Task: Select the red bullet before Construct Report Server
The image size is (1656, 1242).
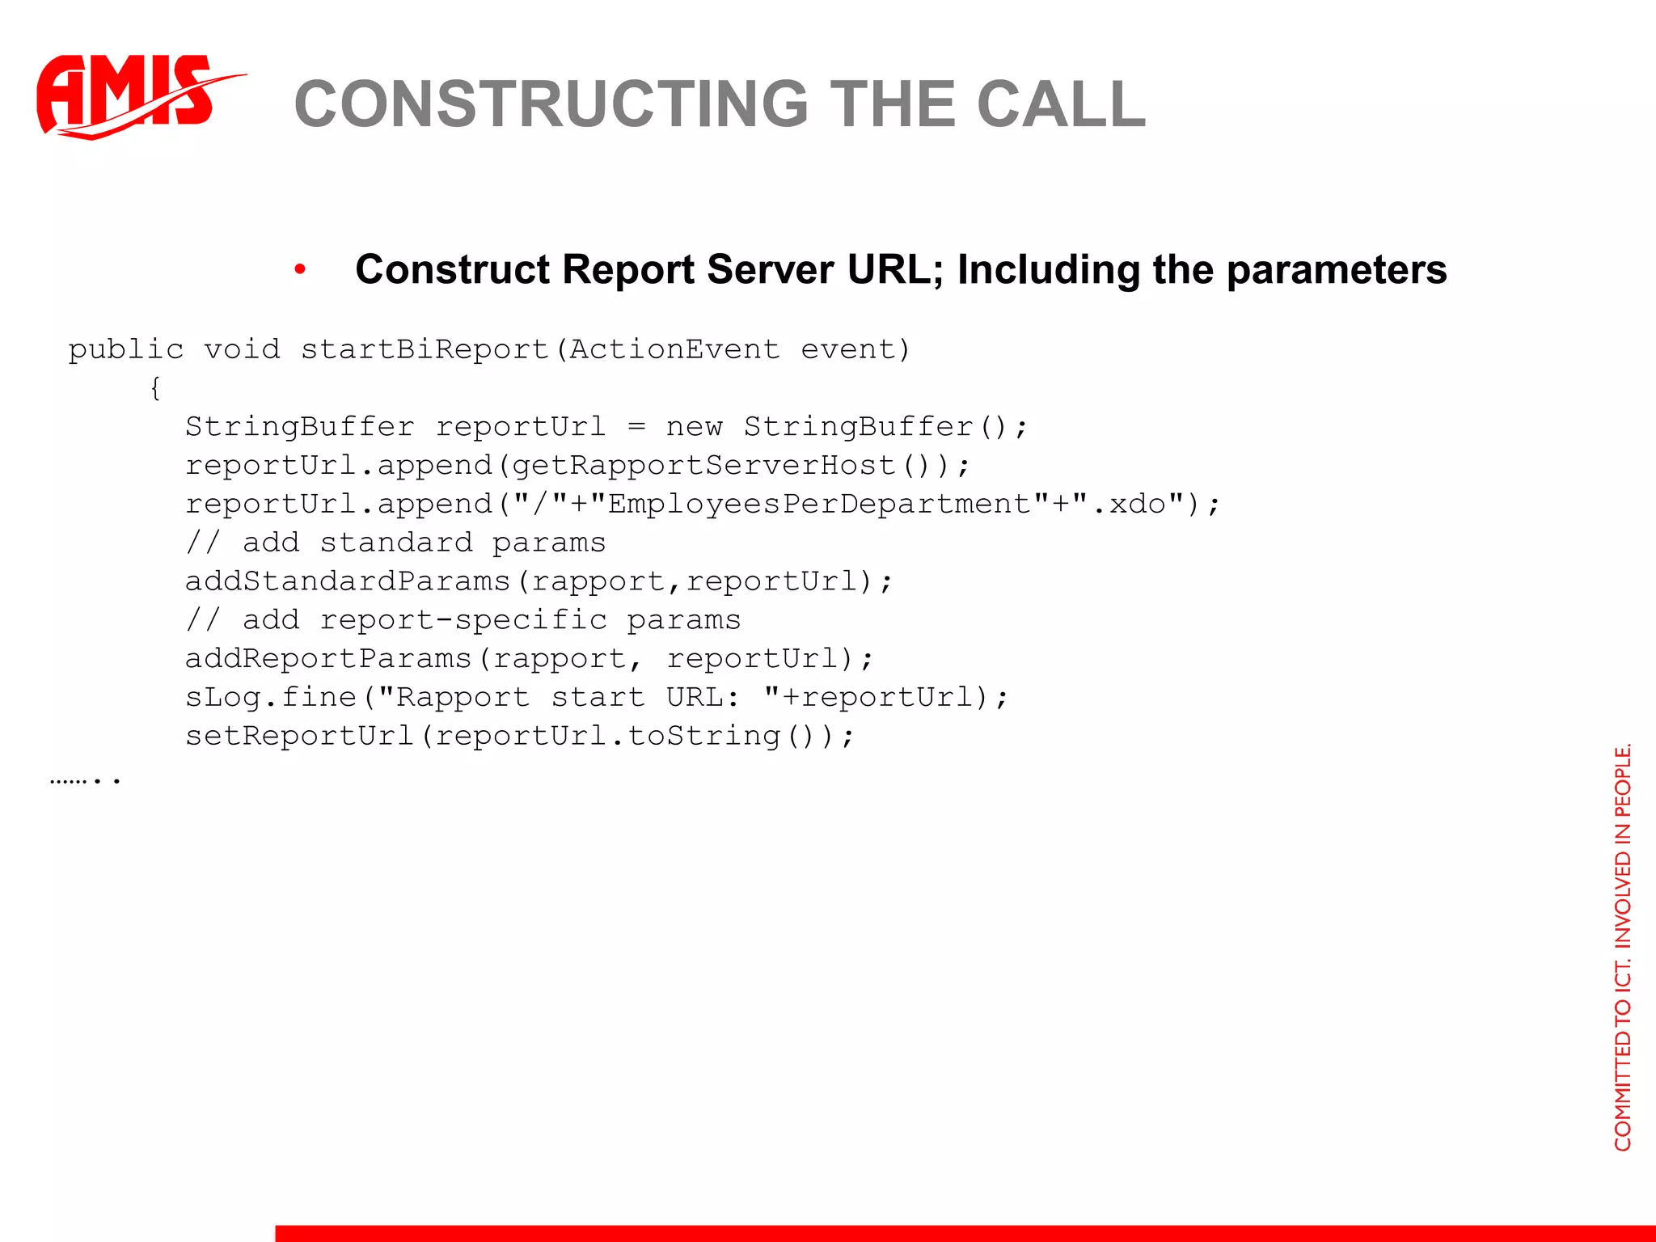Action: pyautogui.click(x=300, y=270)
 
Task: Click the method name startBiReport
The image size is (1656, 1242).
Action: pyautogui.click(x=425, y=349)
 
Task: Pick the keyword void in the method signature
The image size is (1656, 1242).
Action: pyautogui.click(x=242, y=349)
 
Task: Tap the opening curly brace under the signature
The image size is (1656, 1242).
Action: pyautogui.click(x=155, y=388)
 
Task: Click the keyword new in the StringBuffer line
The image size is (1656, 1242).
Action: pyautogui.click(x=694, y=427)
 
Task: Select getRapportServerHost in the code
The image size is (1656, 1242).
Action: pyautogui.click(x=703, y=466)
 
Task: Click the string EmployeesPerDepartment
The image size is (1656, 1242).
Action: pyautogui.click(x=820, y=505)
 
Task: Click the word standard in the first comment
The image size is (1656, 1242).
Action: pyautogui.click(x=396, y=543)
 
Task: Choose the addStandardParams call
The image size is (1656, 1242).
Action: pyautogui.click(x=348, y=581)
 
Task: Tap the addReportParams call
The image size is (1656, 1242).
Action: pyautogui.click(x=328, y=659)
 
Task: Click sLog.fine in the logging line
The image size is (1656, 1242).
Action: pyautogui.click(x=271, y=697)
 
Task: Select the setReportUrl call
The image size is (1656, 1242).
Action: pyautogui.click(x=299, y=736)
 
